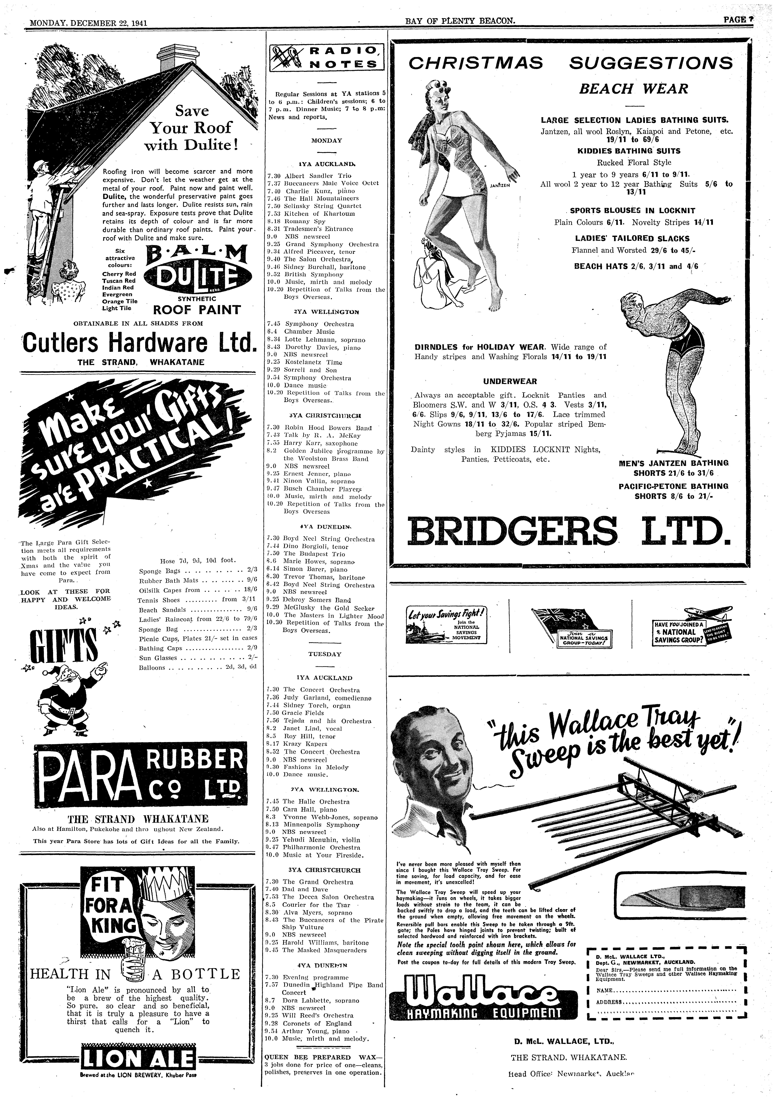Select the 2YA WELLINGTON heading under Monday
(325, 312)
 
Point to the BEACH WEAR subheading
(633, 89)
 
